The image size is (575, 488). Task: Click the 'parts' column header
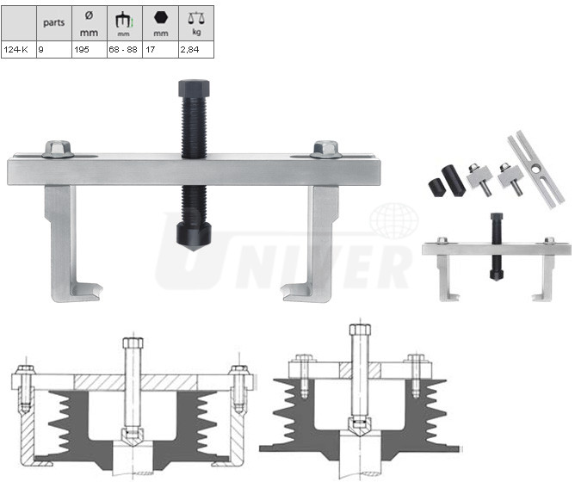54,22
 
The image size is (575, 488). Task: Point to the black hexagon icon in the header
161,17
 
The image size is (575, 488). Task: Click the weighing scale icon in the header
196,18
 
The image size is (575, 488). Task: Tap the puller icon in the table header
124,20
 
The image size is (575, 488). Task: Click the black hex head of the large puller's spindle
194,88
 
